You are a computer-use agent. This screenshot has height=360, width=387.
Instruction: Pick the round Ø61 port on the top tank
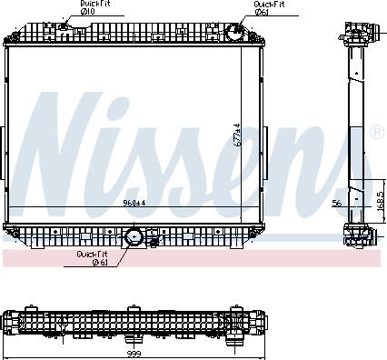tap(233, 33)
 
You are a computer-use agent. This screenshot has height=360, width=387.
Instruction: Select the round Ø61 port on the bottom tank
tap(134, 237)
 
